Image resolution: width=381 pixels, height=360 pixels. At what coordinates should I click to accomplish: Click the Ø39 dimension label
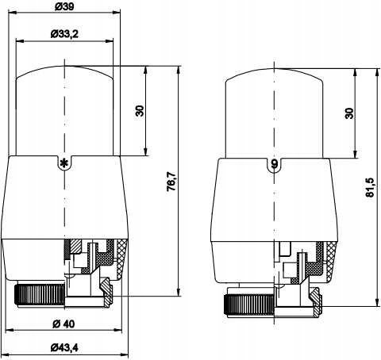[x=65, y=6]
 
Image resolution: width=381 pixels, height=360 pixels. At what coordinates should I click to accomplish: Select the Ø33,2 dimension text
[x=64, y=34]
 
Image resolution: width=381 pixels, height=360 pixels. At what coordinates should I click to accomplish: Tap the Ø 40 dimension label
[x=63, y=324]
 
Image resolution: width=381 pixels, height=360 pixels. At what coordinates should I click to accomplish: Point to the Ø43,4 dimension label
[x=64, y=347]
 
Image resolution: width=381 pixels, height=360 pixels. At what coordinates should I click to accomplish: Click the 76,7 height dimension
[x=171, y=182]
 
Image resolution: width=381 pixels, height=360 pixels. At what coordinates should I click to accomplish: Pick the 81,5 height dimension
[x=370, y=187]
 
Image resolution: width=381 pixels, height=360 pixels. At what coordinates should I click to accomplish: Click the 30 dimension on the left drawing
[x=140, y=111]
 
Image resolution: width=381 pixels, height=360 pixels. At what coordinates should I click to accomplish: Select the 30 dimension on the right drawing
[x=349, y=113]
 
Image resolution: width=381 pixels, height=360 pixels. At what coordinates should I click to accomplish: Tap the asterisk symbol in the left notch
[x=64, y=163]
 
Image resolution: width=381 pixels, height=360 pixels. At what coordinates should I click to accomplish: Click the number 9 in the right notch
[x=275, y=164]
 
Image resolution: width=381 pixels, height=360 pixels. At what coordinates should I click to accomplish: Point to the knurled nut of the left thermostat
[x=40, y=295]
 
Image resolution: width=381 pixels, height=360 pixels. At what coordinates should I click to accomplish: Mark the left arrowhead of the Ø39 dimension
[x=13, y=12]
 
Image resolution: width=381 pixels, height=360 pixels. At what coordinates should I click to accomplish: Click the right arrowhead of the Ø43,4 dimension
[x=124, y=353]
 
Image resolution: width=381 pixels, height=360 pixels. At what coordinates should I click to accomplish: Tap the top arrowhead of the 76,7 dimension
[x=179, y=70]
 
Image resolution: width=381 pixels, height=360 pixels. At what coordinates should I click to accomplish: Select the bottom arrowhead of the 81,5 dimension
[x=377, y=302]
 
